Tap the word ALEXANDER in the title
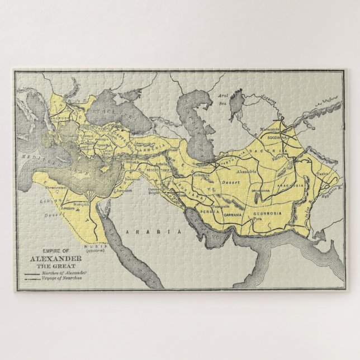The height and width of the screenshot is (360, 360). coord(55,259)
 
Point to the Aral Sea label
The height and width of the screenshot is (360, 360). coord(222,99)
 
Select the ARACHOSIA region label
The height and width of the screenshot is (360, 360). coord(293,184)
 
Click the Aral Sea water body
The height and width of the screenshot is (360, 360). coord(236,101)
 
